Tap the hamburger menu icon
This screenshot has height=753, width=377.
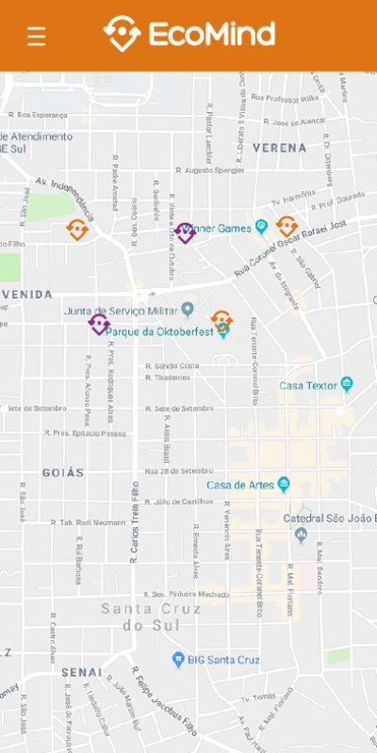pos(37,37)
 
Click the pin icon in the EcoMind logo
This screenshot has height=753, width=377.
pos(122,34)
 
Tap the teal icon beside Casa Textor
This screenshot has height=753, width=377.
pos(346,384)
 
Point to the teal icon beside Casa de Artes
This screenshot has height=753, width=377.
pos(283,485)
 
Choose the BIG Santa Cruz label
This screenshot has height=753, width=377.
pos(223,660)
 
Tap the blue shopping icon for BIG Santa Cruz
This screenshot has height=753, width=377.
pos(177,659)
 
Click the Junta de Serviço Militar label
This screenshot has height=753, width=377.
pos(121,310)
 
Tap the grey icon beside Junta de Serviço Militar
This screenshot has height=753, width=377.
pos(188,310)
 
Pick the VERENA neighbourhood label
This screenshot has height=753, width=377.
pos(279,148)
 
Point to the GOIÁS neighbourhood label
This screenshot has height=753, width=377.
pos(63,473)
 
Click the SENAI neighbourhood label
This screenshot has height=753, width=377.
pos(81,672)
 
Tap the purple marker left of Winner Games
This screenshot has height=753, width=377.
pos(185,232)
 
